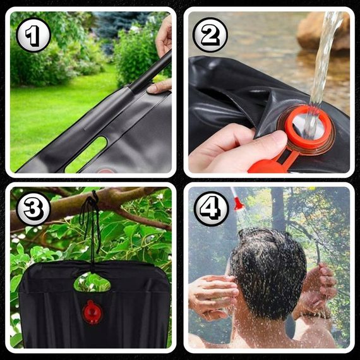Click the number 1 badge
[33, 35]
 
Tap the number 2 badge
[210, 35]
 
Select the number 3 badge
[33, 208]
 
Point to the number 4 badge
[211, 208]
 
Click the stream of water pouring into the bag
[321, 69]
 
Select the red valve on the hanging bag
[92, 313]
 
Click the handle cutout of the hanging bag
[92, 282]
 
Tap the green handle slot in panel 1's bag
[87, 154]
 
